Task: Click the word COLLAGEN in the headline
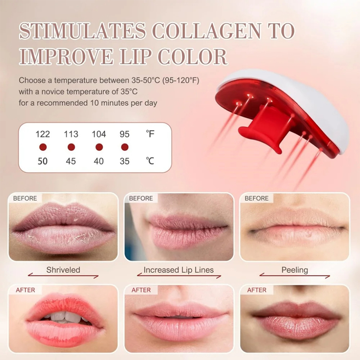pyautogui.click(x=207, y=31)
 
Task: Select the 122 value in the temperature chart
pyautogui.click(x=43, y=134)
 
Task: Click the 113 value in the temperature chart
pyautogui.click(x=71, y=134)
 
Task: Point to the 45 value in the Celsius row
pyautogui.click(x=71, y=161)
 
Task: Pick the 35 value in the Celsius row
pyautogui.click(x=125, y=161)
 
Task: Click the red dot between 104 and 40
pyautogui.click(x=99, y=147)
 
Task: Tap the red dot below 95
pyautogui.click(x=125, y=147)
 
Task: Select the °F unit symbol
pyautogui.click(x=150, y=134)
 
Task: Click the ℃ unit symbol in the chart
pyautogui.click(x=150, y=161)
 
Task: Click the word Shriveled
pyautogui.click(x=63, y=270)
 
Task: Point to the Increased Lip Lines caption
pyautogui.click(x=179, y=270)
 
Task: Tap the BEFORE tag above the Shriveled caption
pyautogui.click(x=25, y=198)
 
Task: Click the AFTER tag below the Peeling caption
pyautogui.click(x=256, y=290)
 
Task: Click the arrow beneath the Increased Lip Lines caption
pyautogui.click(x=179, y=275)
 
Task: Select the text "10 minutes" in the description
pyautogui.click(x=110, y=103)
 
